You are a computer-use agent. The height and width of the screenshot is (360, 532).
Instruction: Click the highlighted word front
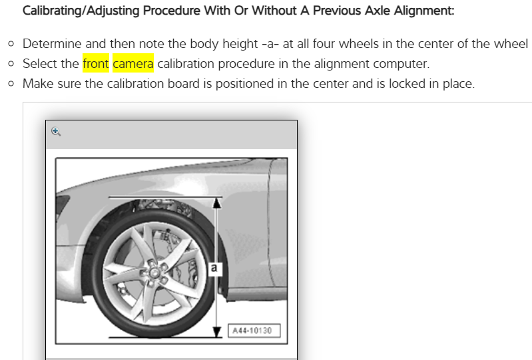coord(96,63)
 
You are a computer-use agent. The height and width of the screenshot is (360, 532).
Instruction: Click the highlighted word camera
coord(133,63)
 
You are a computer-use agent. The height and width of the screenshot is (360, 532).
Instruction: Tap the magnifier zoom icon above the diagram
coord(56,132)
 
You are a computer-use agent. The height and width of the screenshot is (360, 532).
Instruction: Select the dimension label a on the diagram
coord(214,268)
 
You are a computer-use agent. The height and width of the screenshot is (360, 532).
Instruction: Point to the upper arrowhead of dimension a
coord(217,203)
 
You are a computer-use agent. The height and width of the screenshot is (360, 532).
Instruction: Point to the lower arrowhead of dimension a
coord(217,331)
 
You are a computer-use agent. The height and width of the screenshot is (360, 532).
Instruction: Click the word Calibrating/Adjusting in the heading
coord(81,11)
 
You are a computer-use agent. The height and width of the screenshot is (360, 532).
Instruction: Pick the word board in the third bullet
coord(184,83)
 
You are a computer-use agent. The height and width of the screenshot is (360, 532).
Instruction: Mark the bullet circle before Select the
coord(11,64)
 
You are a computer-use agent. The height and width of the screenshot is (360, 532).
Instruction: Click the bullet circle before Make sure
coord(11,84)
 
